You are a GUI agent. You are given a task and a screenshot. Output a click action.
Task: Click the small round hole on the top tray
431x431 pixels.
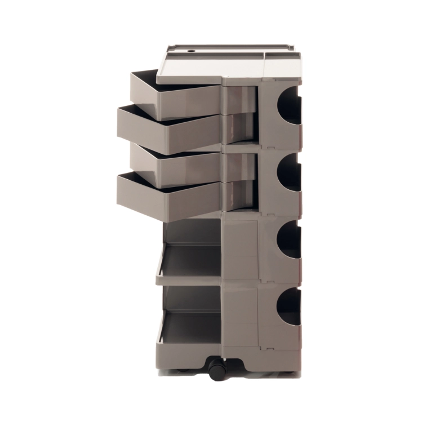pyautogui.click(x=190, y=54)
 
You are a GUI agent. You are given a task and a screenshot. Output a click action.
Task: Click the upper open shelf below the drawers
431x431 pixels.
pyautogui.click(x=189, y=259)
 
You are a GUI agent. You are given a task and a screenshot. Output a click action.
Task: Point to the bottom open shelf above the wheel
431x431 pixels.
pyautogui.click(x=189, y=327)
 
